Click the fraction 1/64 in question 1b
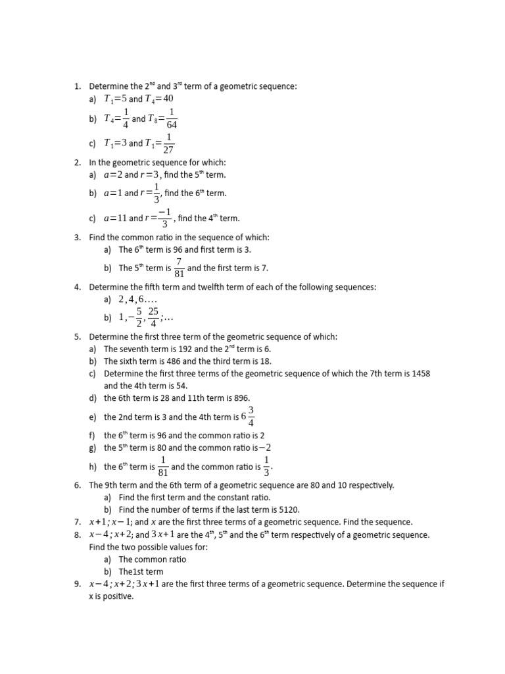(x=172, y=118)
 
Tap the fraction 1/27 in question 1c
(x=168, y=143)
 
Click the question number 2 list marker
(x=77, y=162)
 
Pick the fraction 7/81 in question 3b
(x=179, y=268)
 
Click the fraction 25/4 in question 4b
(x=153, y=317)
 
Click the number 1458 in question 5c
(x=419, y=373)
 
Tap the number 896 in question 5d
(x=241, y=398)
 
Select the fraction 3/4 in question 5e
(x=251, y=417)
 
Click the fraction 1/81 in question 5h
(x=163, y=467)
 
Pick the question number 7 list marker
(x=77, y=522)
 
